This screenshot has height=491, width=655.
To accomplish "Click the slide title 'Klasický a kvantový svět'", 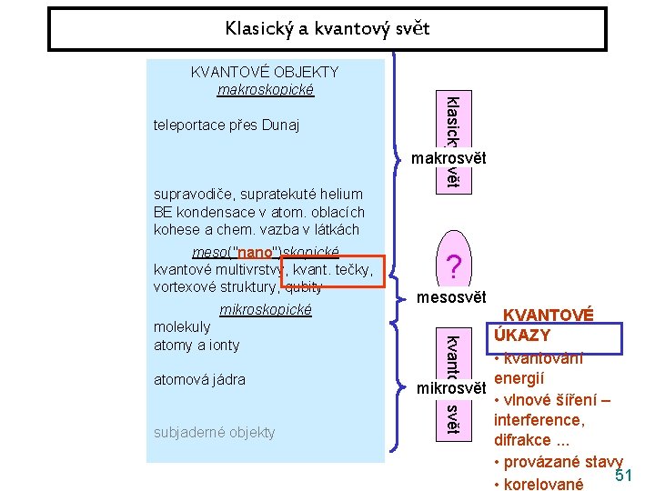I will pyautogui.click(x=327, y=28).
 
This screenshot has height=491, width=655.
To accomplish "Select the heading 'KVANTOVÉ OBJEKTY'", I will pyautogui.click(x=264, y=72).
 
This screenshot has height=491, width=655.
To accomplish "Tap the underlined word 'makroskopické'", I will pyautogui.click(x=265, y=89).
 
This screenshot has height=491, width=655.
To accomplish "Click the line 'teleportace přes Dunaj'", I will pyautogui.click(x=227, y=125).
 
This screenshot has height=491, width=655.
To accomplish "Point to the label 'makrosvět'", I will pyautogui.click(x=448, y=158).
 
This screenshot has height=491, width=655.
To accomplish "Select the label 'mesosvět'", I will pyautogui.click(x=452, y=297).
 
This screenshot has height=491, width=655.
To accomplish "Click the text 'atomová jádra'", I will pyautogui.click(x=199, y=379).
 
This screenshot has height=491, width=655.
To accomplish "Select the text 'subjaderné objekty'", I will pyautogui.click(x=215, y=432).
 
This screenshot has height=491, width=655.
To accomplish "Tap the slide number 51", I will pyautogui.click(x=623, y=476).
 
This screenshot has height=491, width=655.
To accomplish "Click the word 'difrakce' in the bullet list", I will pyautogui.click(x=523, y=440).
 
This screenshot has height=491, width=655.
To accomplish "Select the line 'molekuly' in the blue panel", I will pyautogui.click(x=182, y=326).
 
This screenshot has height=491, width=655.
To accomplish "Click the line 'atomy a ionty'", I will pyautogui.click(x=196, y=345).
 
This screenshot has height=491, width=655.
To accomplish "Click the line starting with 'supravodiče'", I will pyautogui.click(x=258, y=194).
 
